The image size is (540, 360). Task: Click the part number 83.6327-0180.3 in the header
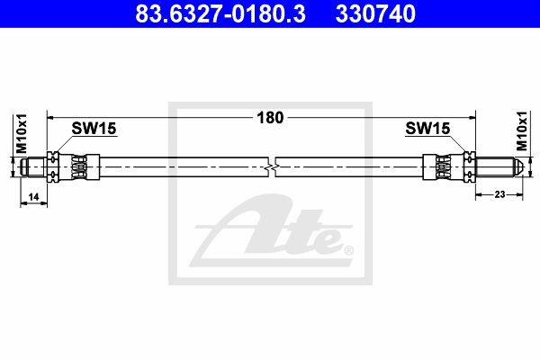pos(220,13)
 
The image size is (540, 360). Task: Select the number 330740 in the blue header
pos(375,13)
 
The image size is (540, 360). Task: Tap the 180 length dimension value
pos(270,118)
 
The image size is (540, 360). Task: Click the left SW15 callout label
pos(94,129)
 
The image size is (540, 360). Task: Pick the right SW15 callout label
pos(427,128)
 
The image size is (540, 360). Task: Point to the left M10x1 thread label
pos(22,133)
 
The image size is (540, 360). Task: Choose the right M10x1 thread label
pos(522,130)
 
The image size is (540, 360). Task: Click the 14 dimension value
pos(33,197)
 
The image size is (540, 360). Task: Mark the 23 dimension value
pos(499,194)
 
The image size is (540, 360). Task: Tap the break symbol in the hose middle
pos(272,167)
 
